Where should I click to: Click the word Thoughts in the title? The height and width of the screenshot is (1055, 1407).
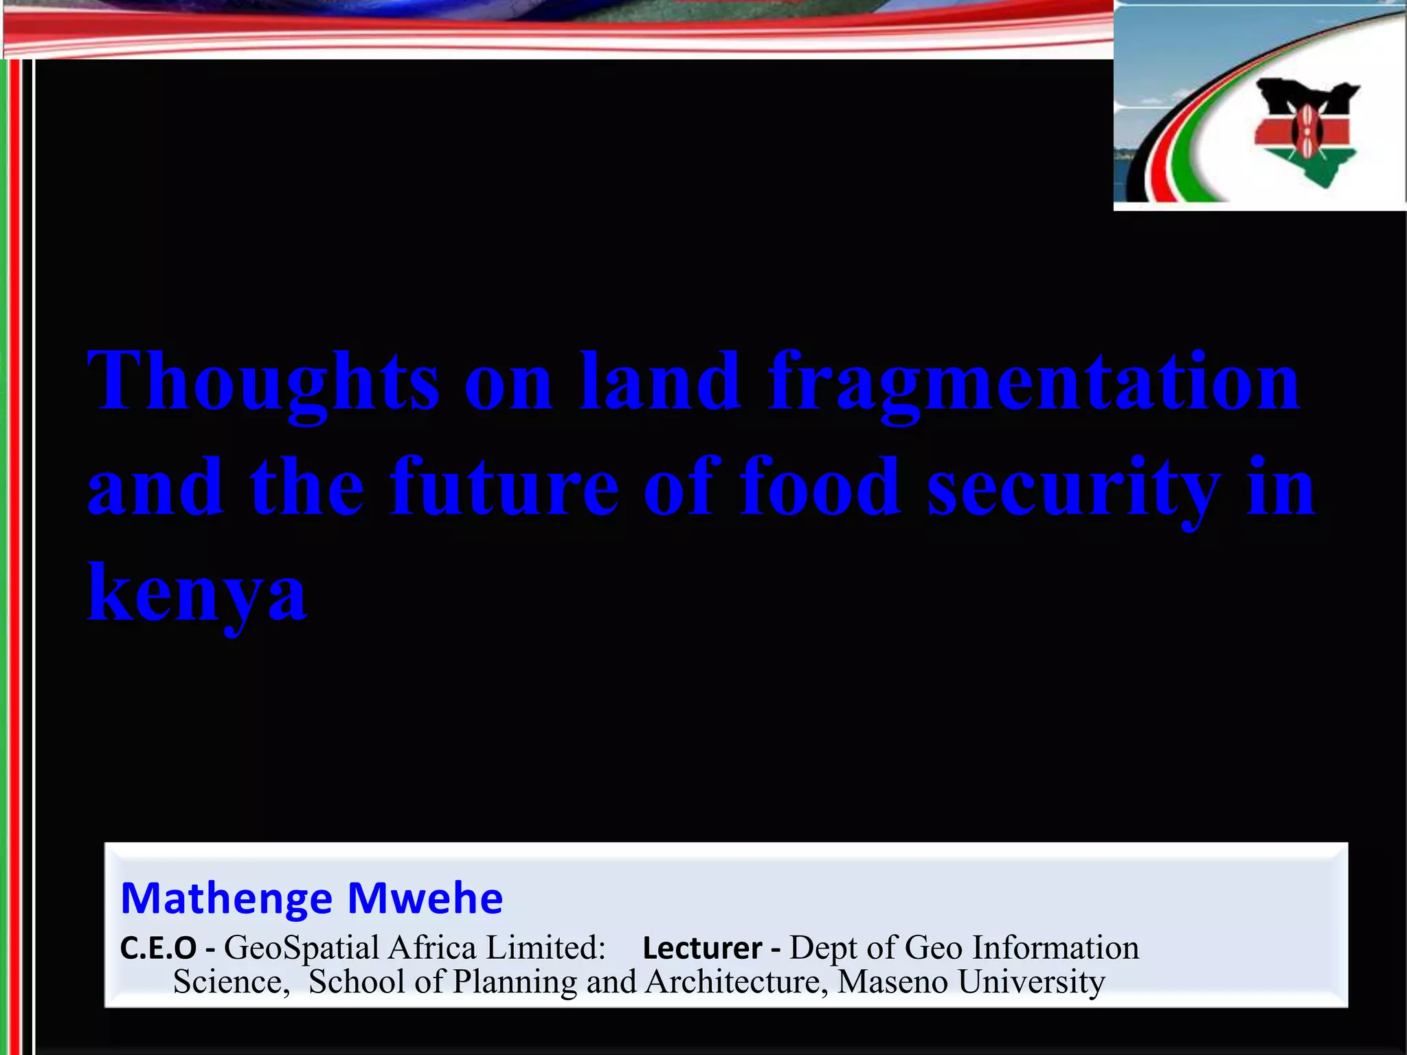pyautogui.click(x=262, y=381)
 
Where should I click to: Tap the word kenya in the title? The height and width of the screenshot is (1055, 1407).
pyautogui.click(x=197, y=593)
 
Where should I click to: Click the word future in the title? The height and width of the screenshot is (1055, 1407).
pyautogui.click(x=505, y=487)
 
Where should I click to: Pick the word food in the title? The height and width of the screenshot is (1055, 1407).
pyautogui.click(x=820, y=487)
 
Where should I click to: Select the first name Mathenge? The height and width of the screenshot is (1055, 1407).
pyautogui.click(x=227, y=898)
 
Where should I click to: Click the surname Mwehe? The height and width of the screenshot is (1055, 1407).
pyautogui.click(x=425, y=898)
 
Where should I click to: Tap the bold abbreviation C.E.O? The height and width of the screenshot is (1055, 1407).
pyautogui.click(x=159, y=949)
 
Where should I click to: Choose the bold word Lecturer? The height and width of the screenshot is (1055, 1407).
pyautogui.click(x=702, y=949)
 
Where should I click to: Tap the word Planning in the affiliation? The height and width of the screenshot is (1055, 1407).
pyautogui.click(x=515, y=982)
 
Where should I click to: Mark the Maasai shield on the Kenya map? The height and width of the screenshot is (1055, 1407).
pyautogui.click(x=1303, y=131)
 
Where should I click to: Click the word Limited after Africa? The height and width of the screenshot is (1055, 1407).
pyautogui.click(x=545, y=949)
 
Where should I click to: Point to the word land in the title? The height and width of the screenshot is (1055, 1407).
pyautogui.click(x=660, y=381)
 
